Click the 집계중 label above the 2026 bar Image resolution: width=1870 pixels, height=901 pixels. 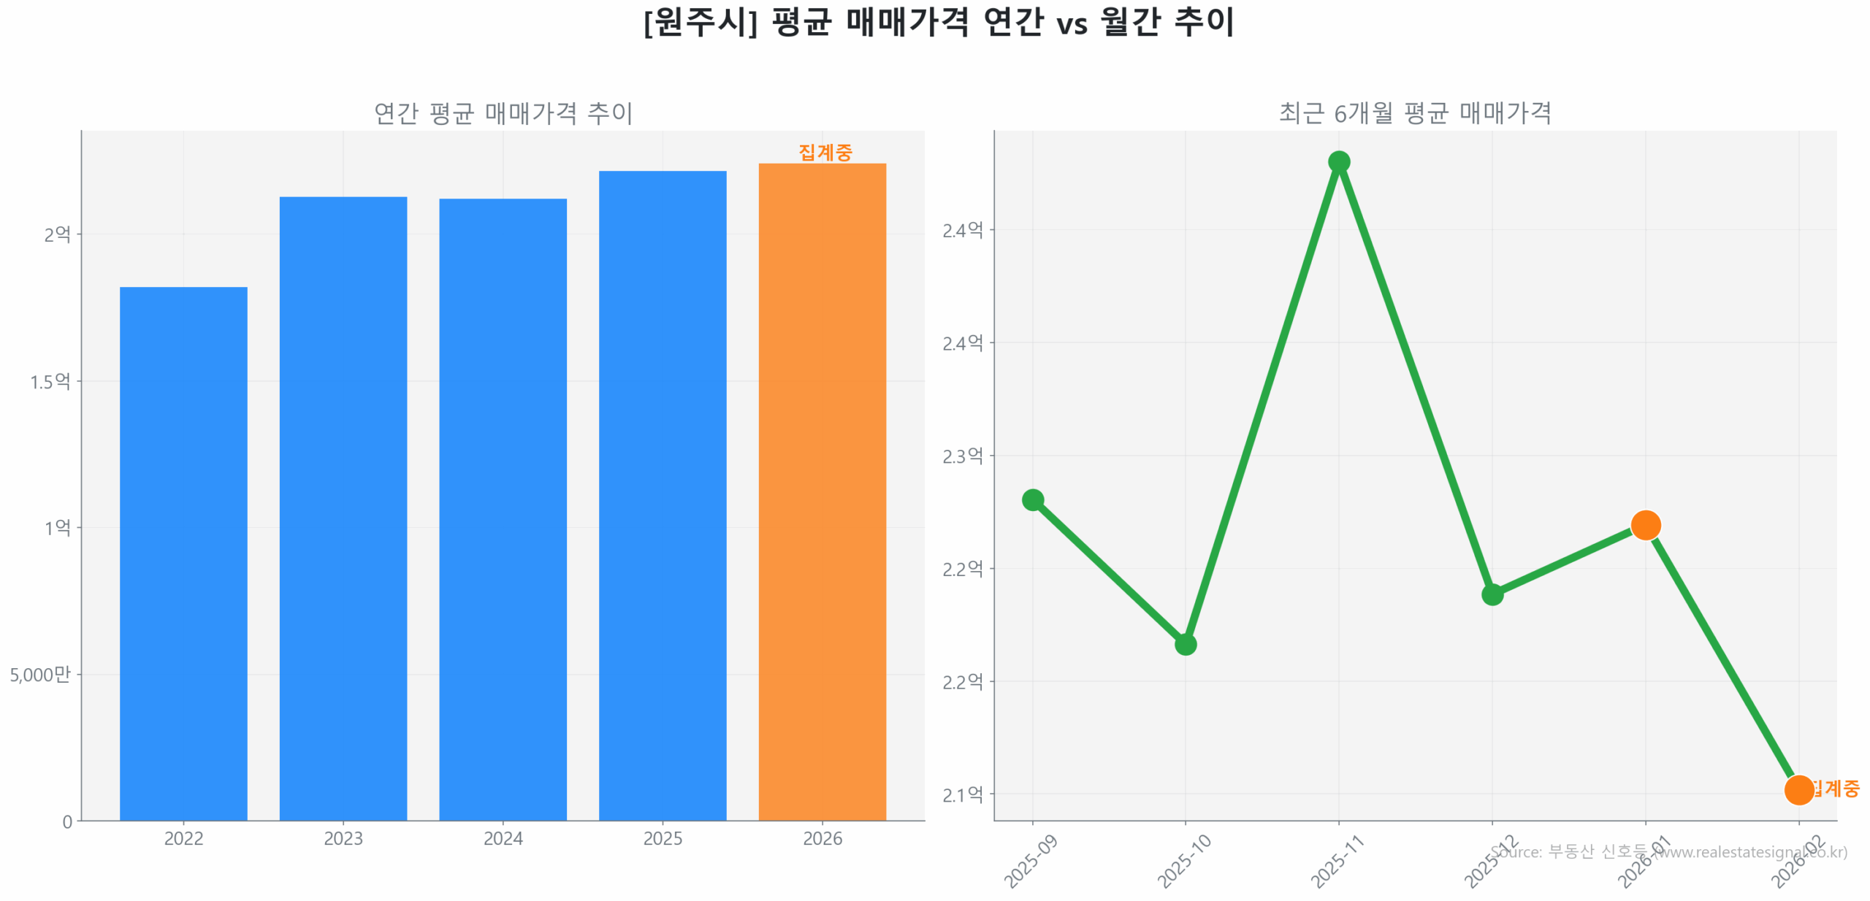tap(825, 152)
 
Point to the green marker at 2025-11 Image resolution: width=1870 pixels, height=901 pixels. tap(1338, 162)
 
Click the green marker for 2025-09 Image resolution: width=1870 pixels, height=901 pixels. tap(1032, 499)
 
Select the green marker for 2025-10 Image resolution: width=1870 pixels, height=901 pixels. tap(1185, 644)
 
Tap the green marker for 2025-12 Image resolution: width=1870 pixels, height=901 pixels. tap(1492, 594)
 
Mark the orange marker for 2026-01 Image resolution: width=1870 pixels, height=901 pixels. tap(1645, 524)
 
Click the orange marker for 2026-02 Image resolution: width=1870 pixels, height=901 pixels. tap(1798, 789)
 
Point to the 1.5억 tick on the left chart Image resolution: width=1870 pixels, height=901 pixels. tap(50, 381)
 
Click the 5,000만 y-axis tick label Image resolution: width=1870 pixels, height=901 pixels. tap(40, 674)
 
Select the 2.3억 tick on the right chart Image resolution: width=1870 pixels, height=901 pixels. tap(962, 456)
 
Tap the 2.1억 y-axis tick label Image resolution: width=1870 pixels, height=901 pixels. tap(962, 794)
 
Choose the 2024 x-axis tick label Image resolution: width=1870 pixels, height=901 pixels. tap(503, 838)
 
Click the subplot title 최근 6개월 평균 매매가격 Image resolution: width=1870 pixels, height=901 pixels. tap(1414, 112)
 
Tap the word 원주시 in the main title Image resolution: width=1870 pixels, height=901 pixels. tap(700, 22)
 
